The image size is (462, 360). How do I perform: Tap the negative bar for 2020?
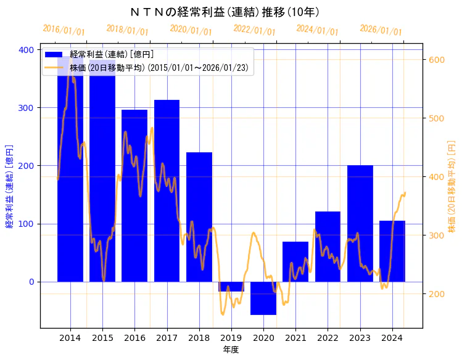click(263, 298)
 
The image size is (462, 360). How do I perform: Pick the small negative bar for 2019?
click(231, 287)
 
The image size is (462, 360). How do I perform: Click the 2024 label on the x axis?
click(392, 338)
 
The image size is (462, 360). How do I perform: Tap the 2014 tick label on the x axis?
click(70, 338)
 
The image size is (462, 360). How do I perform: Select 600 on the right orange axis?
click(437, 60)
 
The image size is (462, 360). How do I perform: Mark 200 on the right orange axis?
click(437, 294)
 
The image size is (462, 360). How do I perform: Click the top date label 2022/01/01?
click(254, 30)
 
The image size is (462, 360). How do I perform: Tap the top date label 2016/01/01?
click(64, 30)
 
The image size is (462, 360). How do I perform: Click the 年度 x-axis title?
click(231, 350)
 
